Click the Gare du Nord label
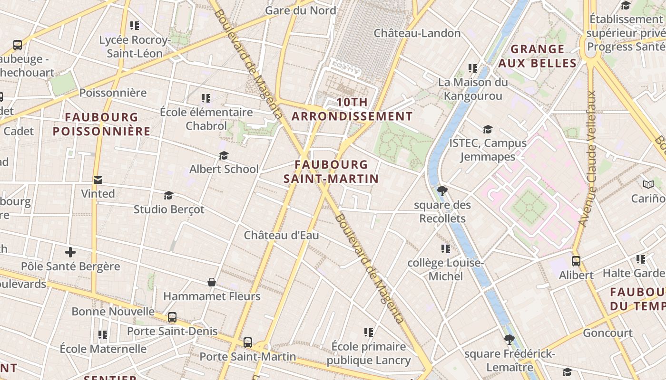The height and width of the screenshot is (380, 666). (300, 10)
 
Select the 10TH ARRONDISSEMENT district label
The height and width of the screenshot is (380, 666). (352, 109)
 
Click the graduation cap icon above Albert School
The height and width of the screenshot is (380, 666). (224, 156)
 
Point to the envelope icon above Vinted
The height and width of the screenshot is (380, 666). (98, 180)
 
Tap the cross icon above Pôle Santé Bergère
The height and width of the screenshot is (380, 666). (70, 252)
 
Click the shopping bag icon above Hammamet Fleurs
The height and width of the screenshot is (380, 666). (212, 283)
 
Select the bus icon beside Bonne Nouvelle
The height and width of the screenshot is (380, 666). (172, 317)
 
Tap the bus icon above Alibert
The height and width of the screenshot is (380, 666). (576, 261)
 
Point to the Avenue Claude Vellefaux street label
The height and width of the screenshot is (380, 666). (587, 158)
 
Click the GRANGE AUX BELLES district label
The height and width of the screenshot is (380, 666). (538, 56)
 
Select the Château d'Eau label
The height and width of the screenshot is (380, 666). (282, 236)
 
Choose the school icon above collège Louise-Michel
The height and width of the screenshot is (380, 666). (446, 249)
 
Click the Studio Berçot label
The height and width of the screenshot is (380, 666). (169, 209)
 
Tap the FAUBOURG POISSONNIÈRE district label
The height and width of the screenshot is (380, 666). (101, 124)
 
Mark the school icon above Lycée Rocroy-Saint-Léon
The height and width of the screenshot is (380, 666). (135, 26)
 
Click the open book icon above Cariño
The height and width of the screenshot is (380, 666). (648, 184)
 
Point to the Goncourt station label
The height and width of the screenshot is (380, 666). (607, 333)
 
